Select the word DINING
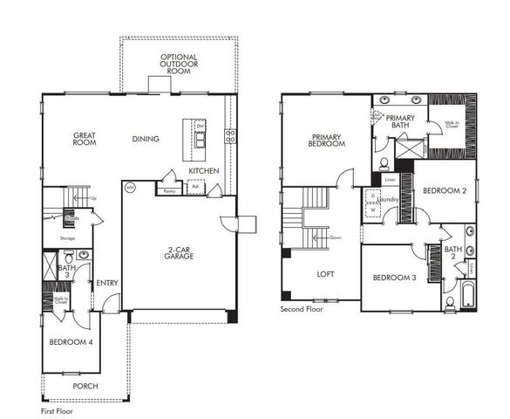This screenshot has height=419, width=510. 146,138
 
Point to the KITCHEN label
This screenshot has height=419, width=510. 203,170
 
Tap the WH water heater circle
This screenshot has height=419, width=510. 130,187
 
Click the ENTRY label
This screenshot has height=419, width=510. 107,282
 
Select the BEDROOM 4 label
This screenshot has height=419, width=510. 71,341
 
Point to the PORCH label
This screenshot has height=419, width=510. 85,386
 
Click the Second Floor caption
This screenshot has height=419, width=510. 302,309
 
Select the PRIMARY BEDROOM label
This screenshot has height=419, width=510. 327,141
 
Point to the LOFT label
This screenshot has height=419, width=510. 325,274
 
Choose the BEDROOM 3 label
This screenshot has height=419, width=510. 393,278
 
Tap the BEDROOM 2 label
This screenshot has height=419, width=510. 445,189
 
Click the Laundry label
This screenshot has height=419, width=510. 389,200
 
